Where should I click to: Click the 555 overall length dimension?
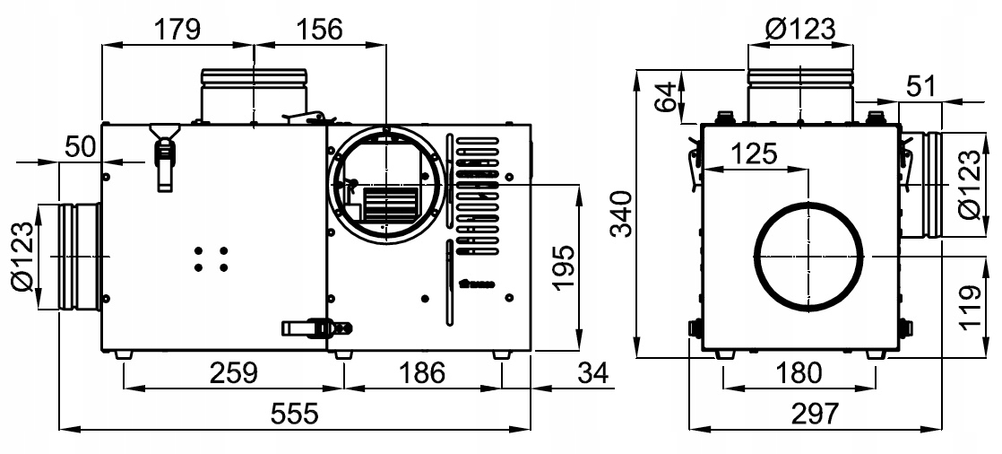[295, 415]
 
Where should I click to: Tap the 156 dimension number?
[319, 29]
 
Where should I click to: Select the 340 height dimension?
[620, 214]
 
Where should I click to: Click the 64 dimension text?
[664, 98]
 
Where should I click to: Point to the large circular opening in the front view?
[808, 256]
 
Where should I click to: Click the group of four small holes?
[211, 259]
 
